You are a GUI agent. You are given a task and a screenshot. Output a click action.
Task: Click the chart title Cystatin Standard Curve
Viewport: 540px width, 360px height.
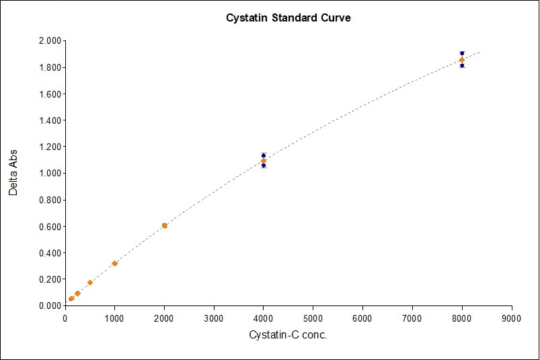tap(288, 18)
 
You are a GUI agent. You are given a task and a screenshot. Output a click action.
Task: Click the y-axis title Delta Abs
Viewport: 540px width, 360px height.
tap(13, 173)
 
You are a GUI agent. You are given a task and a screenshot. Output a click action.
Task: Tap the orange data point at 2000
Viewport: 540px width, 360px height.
tap(164, 225)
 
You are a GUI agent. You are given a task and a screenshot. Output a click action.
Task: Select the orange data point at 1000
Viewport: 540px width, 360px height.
tap(114, 263)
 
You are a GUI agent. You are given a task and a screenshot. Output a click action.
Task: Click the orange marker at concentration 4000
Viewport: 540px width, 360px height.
tap(264, 161)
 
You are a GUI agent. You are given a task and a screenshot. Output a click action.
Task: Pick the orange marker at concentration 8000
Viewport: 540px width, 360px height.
tap(462, 60)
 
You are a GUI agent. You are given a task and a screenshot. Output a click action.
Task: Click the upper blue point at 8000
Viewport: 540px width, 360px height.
tap(462, 53)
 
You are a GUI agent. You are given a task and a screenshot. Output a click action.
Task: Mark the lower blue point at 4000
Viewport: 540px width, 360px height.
tap(264, 166)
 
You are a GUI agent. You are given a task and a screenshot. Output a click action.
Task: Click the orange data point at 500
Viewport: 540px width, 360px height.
tap(89, 283)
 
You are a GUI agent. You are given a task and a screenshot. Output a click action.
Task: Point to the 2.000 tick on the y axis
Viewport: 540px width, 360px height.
tap(48, 41)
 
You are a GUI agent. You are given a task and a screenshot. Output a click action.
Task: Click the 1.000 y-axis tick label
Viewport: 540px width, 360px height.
tap(48, 174)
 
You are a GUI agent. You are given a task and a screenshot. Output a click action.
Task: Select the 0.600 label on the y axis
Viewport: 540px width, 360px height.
tap(48, 226)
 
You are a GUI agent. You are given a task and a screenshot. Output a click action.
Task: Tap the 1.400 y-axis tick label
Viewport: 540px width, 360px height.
tap(48, 120)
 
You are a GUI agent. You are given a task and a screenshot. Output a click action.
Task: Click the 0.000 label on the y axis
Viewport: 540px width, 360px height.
tap(48, 305)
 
